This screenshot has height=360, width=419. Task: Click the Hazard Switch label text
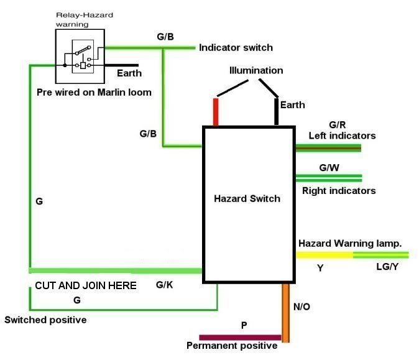click(x=247, y=199)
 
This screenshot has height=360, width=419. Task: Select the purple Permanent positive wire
click(x=240, y=337)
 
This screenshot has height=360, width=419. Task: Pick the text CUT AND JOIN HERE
click(x=85, y=285)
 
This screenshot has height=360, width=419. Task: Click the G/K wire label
click(x=164, y=285)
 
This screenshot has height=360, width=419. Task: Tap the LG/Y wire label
click(x=386, y=266)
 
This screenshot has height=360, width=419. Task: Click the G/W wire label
click(x=329, y=168)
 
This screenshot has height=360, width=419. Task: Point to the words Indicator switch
click(x=236, y=47)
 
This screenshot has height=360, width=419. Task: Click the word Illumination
click(x=256, y=70)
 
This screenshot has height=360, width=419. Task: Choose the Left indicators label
click(x=342, y=136)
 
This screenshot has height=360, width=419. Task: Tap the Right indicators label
click(x=339, y=190)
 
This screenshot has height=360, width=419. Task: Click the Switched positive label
click(x=45, y=320)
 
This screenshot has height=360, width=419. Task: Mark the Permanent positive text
click(x=232, y=346)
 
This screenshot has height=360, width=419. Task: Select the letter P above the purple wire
click(x=244, y=325)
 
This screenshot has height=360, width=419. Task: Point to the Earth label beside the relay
click(x=129, y=73)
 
